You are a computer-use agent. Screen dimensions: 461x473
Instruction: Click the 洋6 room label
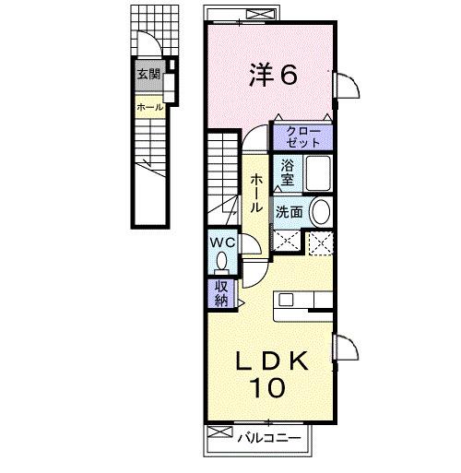pos(273,74)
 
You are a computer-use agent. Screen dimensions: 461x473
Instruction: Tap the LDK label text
pos(272,361)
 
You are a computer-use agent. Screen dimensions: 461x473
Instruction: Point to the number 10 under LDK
pos(267,388)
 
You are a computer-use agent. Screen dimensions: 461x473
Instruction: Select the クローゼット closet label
pos(303,137)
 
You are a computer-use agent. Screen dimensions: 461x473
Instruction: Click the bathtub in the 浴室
pos(318,173)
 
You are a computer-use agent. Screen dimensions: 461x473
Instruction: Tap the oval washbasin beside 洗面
pos(321,212)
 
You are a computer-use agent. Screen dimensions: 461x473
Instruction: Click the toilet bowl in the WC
pos(221,261)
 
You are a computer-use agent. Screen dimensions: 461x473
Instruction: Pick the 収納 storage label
pos(221,293)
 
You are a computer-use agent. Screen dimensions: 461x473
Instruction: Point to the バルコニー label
pos(269,438)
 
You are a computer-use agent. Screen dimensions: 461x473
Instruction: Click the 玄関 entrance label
pos(148,74)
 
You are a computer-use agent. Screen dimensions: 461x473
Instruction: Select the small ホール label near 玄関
pos(150,108)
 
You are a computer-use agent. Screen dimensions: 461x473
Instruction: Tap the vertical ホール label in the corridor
pos(255,194)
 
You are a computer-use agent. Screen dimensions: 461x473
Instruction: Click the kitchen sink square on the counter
pos(286,300)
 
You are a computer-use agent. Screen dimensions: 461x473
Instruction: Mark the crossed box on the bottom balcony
pos(220,432)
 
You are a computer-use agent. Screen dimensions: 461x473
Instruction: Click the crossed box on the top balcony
pos(261,14)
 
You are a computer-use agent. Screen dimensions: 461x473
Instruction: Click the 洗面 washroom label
pos(289,212)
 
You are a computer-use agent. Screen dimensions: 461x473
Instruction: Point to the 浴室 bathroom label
pos(288,173)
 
